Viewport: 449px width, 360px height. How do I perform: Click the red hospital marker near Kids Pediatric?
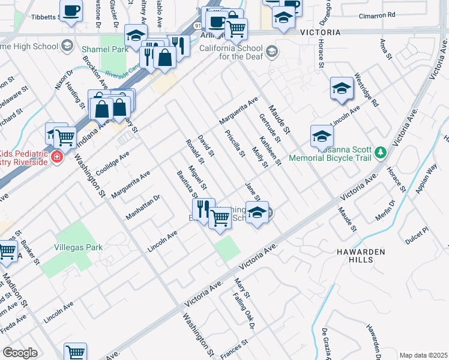[x=56, y=157]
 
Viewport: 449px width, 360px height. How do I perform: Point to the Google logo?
[x=20, y=352]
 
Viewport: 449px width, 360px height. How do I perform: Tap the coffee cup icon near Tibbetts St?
[x=71, y=11]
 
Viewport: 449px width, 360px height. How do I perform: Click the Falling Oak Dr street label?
[x=246, y=313]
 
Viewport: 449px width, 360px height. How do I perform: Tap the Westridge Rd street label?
[x=367, y=90]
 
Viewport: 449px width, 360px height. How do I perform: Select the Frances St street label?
[x=235, y=346]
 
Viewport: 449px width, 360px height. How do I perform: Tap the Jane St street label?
[x=253, y=193]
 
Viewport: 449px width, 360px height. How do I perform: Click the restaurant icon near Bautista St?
[x=203, y=209]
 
